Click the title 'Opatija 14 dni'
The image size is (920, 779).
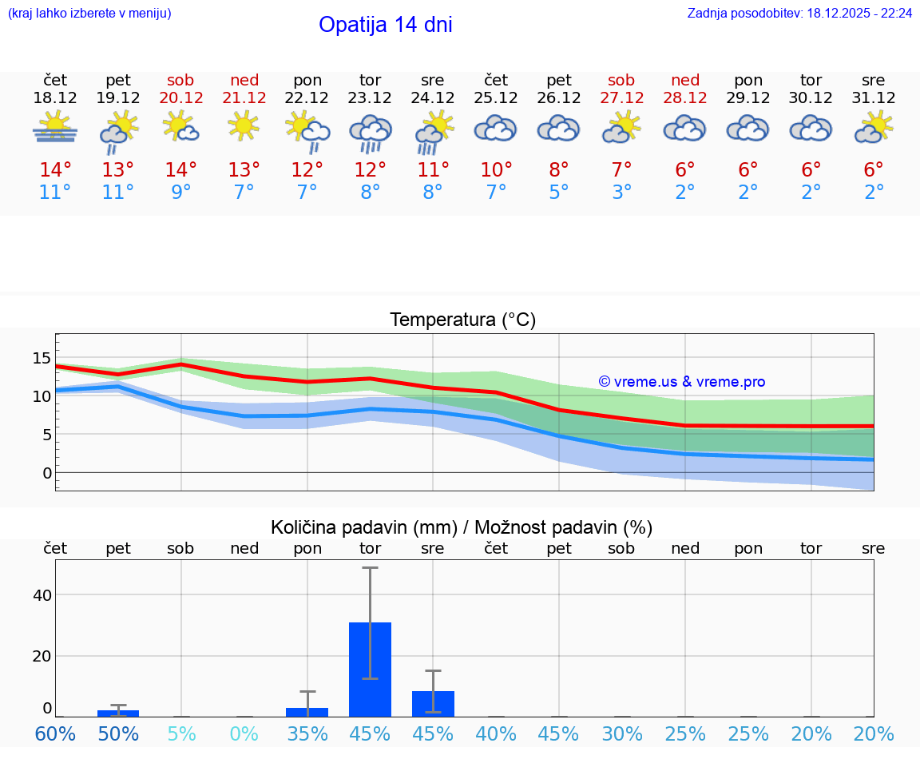tap(385, 25)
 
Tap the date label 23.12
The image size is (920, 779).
tap(370, 98)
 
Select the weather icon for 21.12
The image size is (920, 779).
tap(244, 125)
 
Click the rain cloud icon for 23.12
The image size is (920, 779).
tap(370, 132)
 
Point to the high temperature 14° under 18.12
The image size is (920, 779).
tap(55, 170)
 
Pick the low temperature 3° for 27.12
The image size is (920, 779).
tap(621, 193)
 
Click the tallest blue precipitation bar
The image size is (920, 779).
tap(370, 669)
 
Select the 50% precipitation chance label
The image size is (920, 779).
tap(118, 733)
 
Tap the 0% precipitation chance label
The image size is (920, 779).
tap(244, 733)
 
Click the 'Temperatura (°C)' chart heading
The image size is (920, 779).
tap(462, 320)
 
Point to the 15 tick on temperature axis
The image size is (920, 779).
tap(42, 358)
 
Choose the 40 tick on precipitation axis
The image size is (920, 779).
tap(42, 595)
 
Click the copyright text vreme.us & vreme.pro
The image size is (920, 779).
tap(682, 382)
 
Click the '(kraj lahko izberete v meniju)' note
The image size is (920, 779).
tap(89, 14)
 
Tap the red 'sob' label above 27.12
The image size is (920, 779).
tap(621, 80)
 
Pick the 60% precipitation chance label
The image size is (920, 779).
tap(55, 733)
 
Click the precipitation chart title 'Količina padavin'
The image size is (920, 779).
tap(462, 527)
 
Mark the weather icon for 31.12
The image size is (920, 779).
tap(873, 127)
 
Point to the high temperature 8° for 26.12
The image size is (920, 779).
tap(559, 170)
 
